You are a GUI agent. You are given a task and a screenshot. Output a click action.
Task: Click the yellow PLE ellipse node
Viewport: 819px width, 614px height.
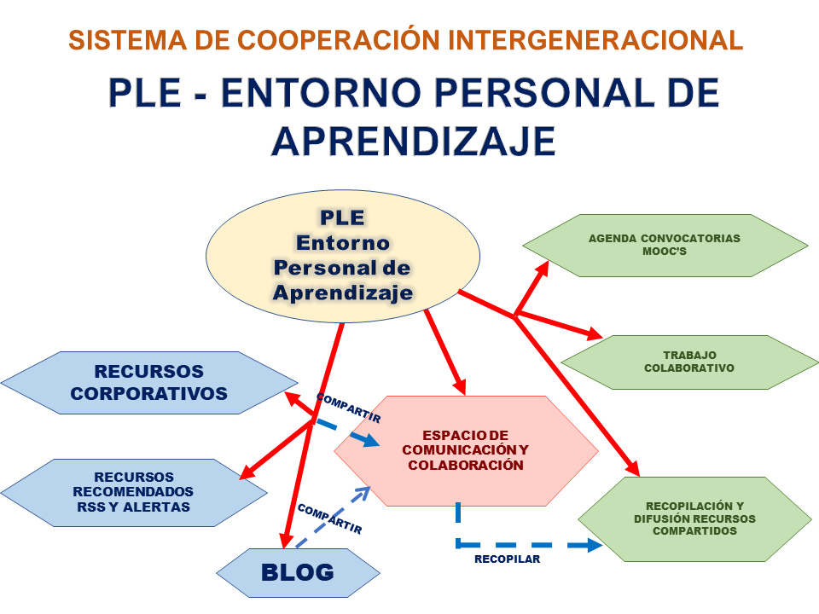click(341, 255)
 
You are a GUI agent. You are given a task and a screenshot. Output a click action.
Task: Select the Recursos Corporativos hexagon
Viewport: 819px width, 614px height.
click(148, 383)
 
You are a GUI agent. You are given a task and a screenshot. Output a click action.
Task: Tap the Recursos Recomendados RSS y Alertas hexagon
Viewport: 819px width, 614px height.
click(133, 492)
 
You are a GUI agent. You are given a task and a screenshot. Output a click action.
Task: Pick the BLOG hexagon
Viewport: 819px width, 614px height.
click(297, 572)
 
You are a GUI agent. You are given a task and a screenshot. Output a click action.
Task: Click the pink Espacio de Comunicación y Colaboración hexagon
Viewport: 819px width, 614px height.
click(465, 449)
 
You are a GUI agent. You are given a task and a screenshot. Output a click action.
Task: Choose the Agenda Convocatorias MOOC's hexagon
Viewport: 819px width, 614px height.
click(665, 246)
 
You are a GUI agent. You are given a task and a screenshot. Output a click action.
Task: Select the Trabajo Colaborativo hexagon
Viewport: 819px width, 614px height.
click(688, 362)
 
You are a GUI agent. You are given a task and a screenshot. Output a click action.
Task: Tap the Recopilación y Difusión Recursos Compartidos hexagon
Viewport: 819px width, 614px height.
click(694, 518)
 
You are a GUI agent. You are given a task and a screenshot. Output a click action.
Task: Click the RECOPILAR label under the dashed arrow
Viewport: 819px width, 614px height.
click(508, 559)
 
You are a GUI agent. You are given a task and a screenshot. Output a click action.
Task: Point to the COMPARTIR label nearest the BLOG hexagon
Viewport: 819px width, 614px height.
click(329, 518)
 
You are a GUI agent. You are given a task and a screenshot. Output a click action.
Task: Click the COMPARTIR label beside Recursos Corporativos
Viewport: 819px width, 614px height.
click(348, 408)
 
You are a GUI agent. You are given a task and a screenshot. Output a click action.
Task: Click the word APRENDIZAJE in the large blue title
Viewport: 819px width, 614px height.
click(414, 141)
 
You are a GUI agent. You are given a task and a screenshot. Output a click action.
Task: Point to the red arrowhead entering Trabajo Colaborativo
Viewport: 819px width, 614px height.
click(596, 334)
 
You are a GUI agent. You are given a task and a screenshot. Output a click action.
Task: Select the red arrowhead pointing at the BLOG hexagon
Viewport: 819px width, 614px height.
click(286, 540)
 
